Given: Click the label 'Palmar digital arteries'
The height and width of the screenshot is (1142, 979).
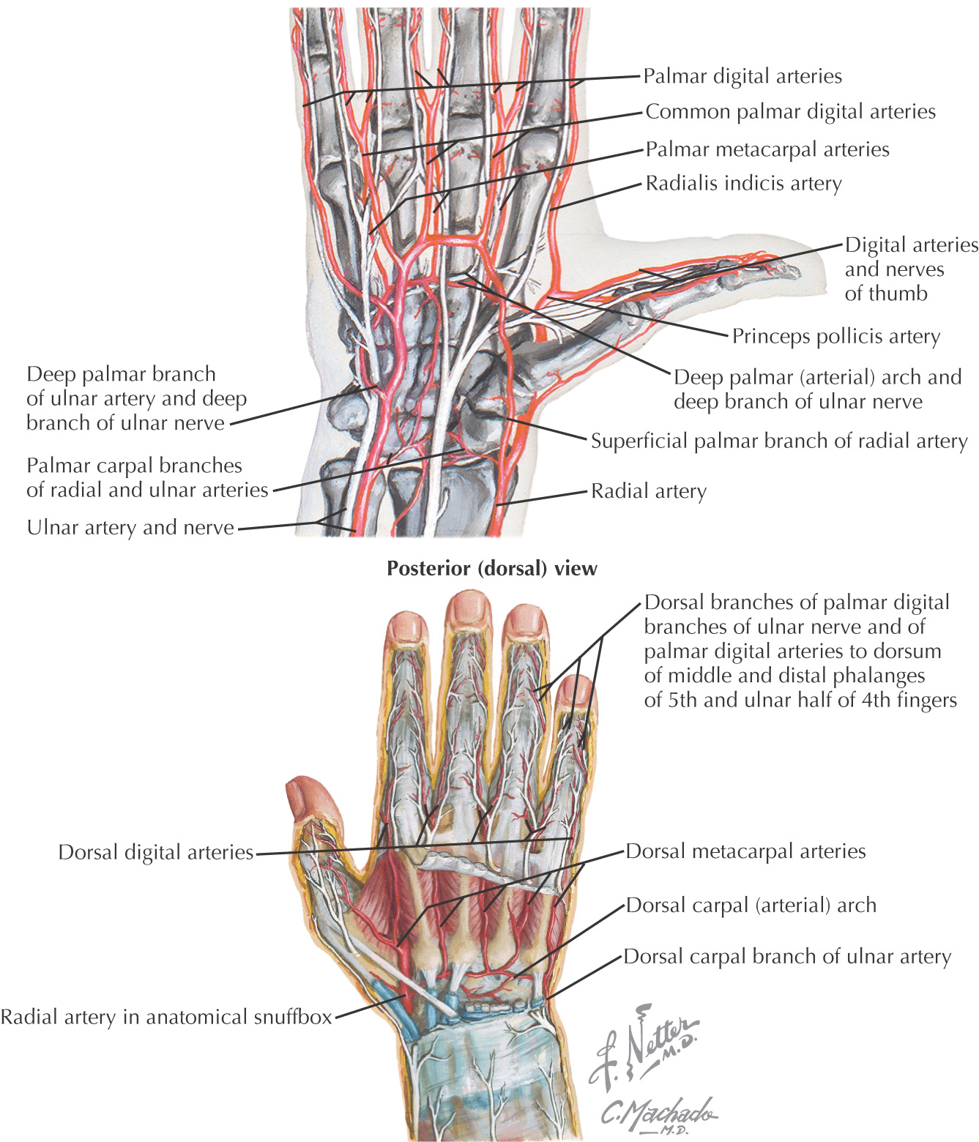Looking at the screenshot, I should pos(742,76).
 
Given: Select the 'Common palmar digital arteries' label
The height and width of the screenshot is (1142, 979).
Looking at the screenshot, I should pos(790,112).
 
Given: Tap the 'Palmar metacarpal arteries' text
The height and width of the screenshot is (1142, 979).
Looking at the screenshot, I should pos(767,149).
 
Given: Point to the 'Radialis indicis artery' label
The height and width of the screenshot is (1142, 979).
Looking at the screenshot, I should pos(743,183).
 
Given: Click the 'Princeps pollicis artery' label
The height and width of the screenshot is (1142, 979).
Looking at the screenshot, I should pos(835,336).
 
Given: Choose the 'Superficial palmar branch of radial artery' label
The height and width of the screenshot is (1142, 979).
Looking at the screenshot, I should pos(778,441).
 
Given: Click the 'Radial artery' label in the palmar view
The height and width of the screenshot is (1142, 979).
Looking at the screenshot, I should pos(649,490).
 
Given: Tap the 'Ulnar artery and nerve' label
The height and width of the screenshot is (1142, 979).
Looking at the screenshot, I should pos(130,527).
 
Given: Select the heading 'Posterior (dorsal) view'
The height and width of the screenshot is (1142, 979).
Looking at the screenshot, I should pos(491,568).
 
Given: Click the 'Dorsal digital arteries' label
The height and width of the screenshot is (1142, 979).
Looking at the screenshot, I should pos(155,852).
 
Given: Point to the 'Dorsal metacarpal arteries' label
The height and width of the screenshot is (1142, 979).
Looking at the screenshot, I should pos(745,851).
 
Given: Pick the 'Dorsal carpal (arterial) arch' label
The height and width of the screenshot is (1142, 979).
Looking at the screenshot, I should pos(751,906).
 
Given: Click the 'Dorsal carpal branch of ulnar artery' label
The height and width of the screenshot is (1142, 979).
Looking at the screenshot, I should pos(787,957).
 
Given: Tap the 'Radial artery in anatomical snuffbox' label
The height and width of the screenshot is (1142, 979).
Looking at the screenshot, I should pos(166,1017).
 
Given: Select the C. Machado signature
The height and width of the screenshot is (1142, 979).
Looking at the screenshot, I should pos(657,1113).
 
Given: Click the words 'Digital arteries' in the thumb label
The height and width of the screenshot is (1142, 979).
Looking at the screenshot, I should pos(911,245).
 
